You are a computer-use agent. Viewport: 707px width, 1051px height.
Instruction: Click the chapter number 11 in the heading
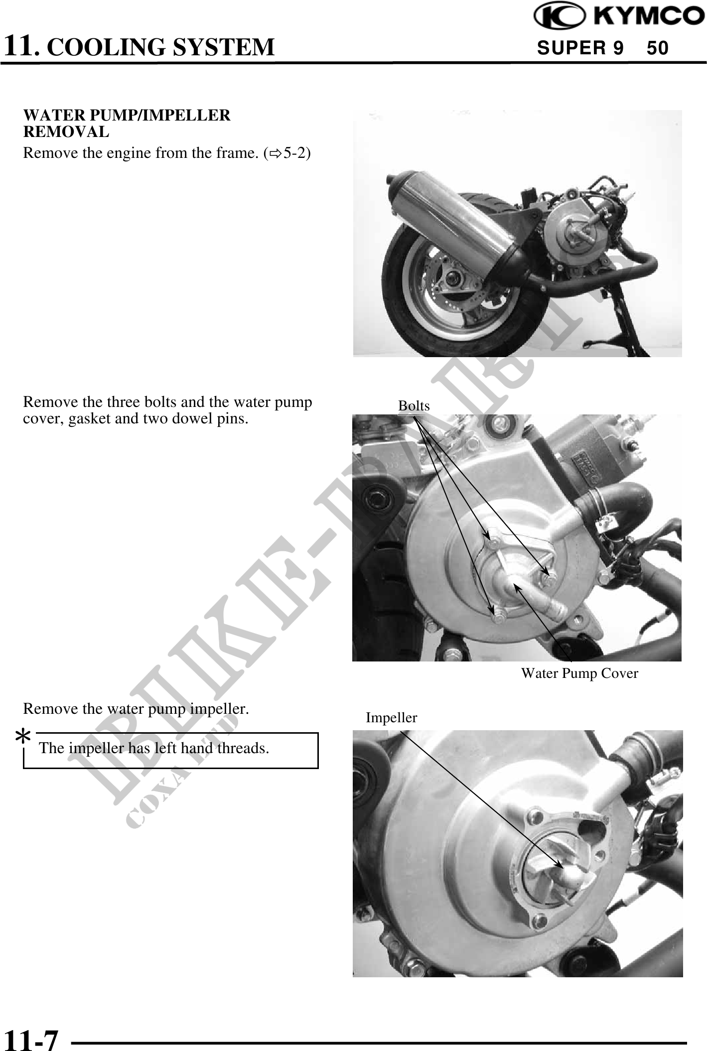coord(20,46)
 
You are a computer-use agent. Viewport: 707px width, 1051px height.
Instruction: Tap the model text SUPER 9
coord(580,48)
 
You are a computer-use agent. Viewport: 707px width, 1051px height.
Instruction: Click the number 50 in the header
coord(658,48)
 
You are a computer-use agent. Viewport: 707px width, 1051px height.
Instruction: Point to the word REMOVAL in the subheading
coord(66,132)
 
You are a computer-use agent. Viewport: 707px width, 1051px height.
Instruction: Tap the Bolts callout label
coord(414,406)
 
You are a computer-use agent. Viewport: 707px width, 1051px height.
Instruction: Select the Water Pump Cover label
coord(579,673)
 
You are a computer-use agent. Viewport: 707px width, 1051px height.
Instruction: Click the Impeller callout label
coord(391,718)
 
